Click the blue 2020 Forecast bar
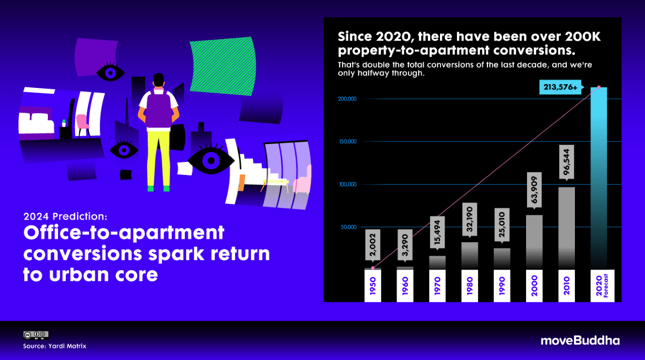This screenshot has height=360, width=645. [599, 178]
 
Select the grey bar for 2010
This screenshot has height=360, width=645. [566, 229]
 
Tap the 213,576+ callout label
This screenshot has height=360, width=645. [560, 87]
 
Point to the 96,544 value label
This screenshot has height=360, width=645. [566, 162]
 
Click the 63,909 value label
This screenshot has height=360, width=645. [534, 190]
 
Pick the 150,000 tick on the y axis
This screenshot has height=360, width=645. [348, 142]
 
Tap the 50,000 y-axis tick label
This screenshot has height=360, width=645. [349, 227]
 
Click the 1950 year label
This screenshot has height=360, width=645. [373, 286]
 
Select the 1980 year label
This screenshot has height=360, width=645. [469, 286]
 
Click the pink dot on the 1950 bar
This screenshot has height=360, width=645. [373, 268]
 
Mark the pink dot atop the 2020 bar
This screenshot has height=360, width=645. [599, 87]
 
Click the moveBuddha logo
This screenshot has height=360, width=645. [580, 341]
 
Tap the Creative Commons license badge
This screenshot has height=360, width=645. [36, 335]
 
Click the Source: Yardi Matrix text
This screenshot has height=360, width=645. [55, 346]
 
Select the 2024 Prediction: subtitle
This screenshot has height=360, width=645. [65, 216]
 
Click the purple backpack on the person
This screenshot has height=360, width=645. [159, 109]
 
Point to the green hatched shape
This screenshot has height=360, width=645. [223, 66]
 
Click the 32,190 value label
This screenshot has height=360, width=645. [469, 219]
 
